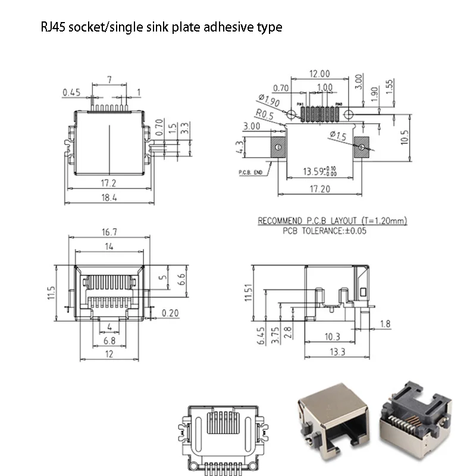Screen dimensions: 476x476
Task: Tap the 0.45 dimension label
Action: tap(71, 92)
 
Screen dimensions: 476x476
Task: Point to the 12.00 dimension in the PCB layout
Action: tap(319, 74)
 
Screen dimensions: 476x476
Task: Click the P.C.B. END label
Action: tap(250, 173)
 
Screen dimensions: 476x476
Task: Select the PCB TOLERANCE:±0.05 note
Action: tap(325, 230)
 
